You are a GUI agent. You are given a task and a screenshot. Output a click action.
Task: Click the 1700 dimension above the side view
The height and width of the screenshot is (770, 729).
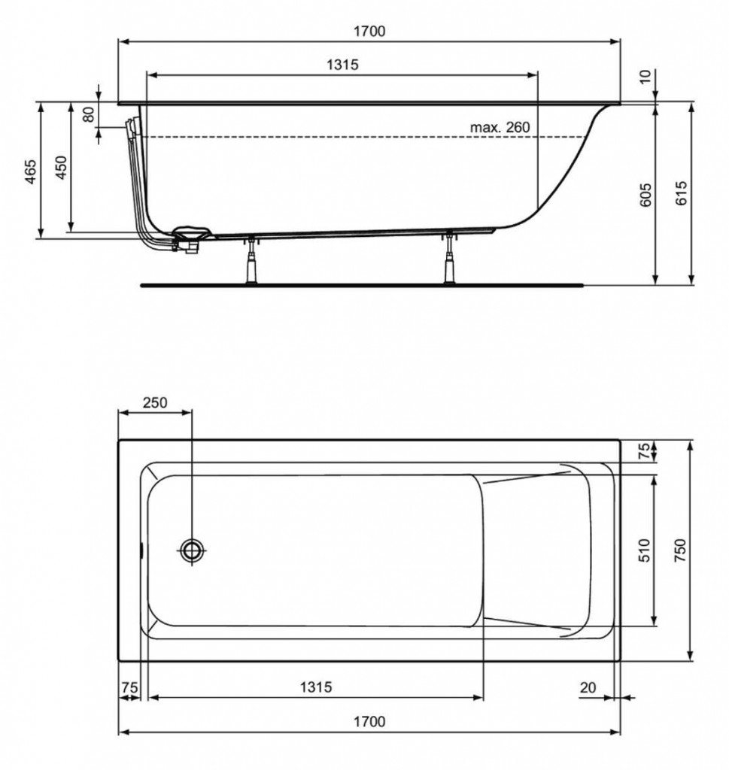(x=369, y=32)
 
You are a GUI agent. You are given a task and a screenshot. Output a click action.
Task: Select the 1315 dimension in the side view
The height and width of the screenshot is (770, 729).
(x=342, y=65)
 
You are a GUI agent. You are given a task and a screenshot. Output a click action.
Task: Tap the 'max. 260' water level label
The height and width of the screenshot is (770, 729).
(x=500, y=127)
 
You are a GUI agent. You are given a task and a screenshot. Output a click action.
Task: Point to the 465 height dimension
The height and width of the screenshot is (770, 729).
(x=31, y=171)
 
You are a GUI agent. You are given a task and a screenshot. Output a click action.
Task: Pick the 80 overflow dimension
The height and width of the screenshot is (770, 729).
(x=89, y=114)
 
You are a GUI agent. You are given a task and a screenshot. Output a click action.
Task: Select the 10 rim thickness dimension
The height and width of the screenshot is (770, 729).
(x=645, y=77)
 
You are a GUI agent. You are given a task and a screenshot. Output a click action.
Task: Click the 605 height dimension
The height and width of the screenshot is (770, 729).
(x=646, y=195)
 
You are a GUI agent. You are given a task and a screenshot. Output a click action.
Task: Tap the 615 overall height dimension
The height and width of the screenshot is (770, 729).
(x=682, y=193)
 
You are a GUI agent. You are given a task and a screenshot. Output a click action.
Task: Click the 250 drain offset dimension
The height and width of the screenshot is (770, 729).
(x=155, y=402)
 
